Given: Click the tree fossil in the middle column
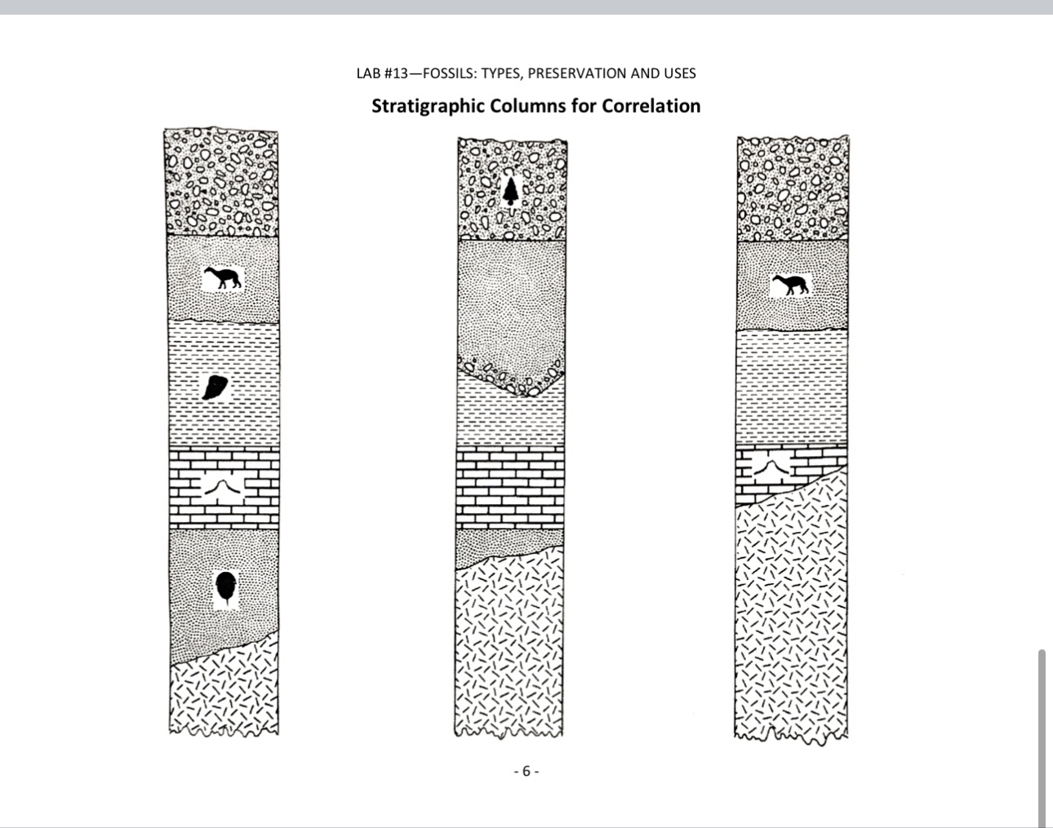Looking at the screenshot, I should click(x=511, y=190).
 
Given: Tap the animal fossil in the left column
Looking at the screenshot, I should click(x=223, y=278).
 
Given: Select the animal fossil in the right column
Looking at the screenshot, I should click(x=790, y=284).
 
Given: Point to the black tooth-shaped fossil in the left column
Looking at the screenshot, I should click(x=215, y=387).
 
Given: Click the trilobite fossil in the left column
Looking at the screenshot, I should click(x=226, y=588).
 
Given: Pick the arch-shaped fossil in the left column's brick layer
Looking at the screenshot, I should click(x=223, y=487).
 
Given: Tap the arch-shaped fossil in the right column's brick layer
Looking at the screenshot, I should click(x=769, y=467).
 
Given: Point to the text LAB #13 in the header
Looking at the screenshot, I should click(x=382, y=73).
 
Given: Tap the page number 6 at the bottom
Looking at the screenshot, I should click(x=526, y=771).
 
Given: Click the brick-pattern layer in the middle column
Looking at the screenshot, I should click(x=510, y=487).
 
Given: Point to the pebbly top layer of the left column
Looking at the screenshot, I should click(x=222, y=181).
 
